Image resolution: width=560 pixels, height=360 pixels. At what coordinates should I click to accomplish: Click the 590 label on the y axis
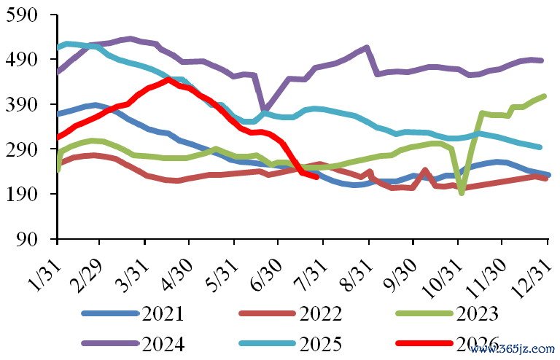pyautogui.click(x=21, y=15)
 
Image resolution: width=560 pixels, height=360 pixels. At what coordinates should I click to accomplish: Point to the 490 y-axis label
pyautogui.click(x=21, y=59)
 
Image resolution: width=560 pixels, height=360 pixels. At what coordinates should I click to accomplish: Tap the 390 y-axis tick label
pyautogui.click(x=21, y=104)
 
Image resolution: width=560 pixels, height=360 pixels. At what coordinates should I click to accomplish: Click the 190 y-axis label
pyautogui.click(x=21, y=194)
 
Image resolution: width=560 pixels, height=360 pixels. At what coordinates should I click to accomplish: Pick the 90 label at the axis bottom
pyautogui.click(x=27, y=239)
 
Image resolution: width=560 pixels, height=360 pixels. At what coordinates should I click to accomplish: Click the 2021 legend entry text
pyautogui.click(x=163, y=314)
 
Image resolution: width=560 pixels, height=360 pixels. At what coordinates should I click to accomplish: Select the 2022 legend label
pyautogui.click(x=320, y=314)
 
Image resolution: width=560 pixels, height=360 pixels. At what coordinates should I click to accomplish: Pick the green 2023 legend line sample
pyautogui.click(x=424, y=313)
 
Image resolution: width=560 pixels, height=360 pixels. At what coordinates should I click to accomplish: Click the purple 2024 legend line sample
pyautogui.click(x=110, y=343)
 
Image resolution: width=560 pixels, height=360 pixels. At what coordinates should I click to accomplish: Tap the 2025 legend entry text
pyautogui.click(x=320, y=344)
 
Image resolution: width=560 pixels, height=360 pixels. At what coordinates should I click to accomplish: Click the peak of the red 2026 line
pyautogui.click(x=169, y=79)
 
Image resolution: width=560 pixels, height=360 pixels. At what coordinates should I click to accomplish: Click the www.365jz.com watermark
pyautogui.click(x=512, y=349)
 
